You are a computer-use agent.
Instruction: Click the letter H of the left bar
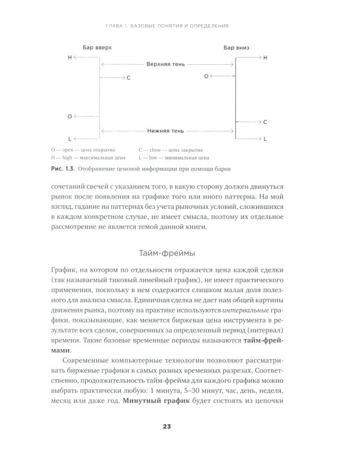click(70, 57)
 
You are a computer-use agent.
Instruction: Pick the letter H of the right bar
click(265, 57)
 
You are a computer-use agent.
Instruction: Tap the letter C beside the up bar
click(128, 78)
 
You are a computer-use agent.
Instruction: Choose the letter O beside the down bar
click(206, 77)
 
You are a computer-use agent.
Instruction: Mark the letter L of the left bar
click(70, 138)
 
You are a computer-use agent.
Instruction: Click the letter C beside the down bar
click(265, 122)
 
